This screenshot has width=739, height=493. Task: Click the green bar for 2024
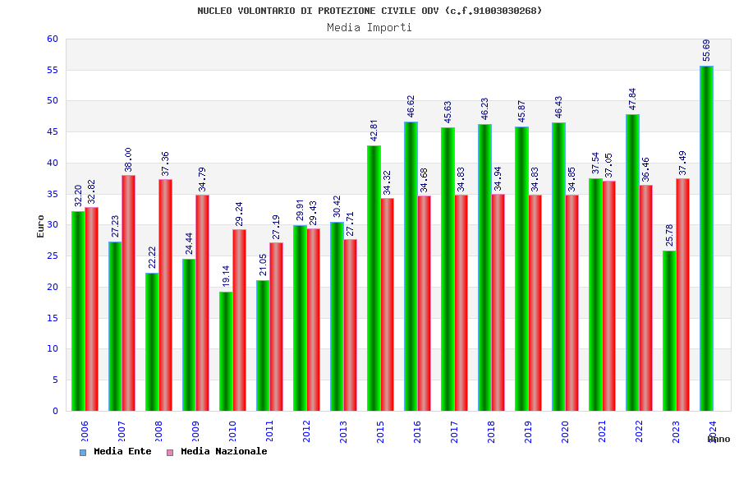click(x=706, y=238)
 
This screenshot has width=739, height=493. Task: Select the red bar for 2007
click(x=128, y=293)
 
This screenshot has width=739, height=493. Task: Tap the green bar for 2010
click(x=226, y=351)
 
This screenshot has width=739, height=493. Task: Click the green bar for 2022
click(x=632, y=262)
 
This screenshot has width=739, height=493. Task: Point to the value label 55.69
click(x=707, y=49)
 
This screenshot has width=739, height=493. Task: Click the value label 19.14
click(x=227, y=275)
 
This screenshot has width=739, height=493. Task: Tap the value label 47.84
click(x=633, y=98)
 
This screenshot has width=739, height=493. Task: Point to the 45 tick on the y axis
click(x=52, y=132)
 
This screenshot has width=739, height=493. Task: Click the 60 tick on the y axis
click(x=52, y=39)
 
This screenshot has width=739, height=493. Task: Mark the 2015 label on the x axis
click(x=381, y=432)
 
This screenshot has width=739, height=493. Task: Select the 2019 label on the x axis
click(x=529, y=432)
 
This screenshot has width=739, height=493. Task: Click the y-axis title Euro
click(x=40, y=226)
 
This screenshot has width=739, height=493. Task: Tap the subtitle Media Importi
click(x=369, y=27)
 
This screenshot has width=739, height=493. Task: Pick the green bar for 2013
click(x=337, y=316)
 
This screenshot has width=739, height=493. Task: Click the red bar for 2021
click(x=608, y=296)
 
